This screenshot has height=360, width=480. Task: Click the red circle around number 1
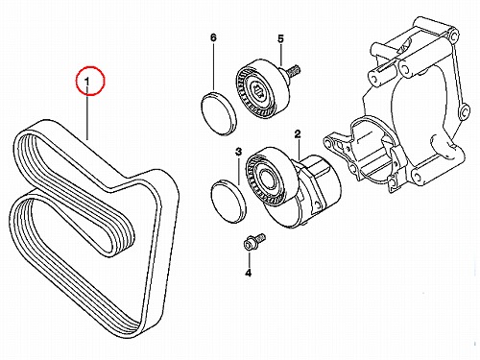90,66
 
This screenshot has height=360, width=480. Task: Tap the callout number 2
298,134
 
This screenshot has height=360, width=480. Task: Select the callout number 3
239,152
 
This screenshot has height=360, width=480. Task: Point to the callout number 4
249,273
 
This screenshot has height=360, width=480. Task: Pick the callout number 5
280,39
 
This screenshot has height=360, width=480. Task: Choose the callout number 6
213,37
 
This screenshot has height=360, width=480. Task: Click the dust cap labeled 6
219,113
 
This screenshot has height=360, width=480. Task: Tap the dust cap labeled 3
228,202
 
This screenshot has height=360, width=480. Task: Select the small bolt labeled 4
254,242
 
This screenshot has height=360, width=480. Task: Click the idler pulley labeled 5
263,88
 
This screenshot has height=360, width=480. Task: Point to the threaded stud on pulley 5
293,71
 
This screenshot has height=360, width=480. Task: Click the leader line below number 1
87,117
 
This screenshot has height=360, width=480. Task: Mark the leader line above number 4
249,260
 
